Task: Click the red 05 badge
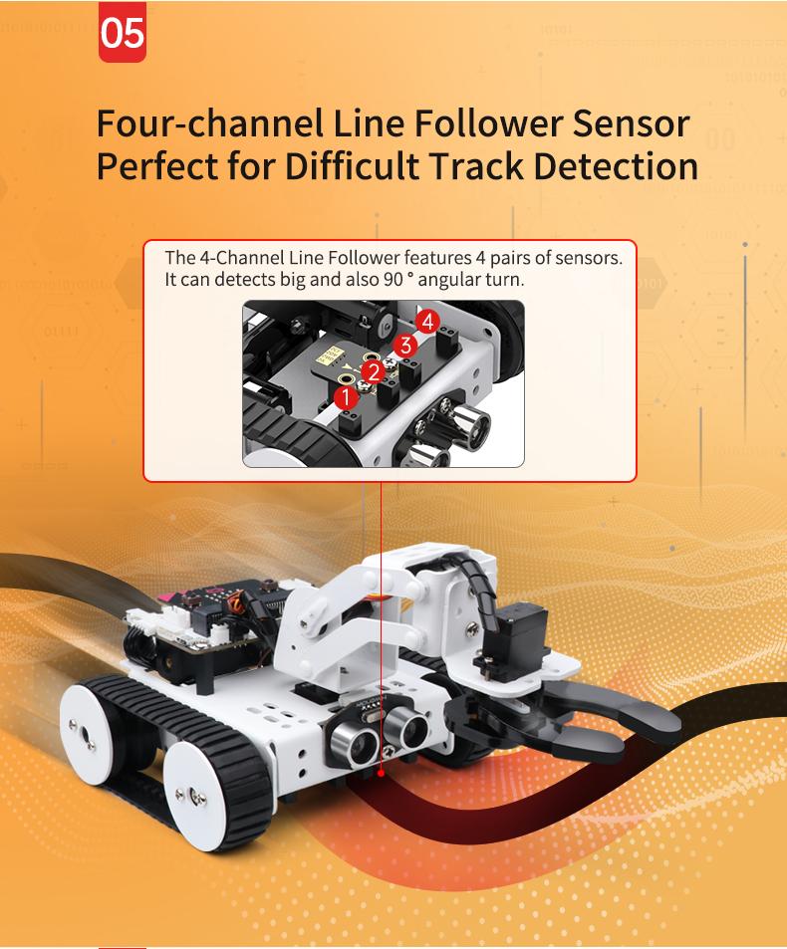(123, 33)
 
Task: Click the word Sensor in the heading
(631, 122)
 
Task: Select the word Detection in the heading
(617, 166)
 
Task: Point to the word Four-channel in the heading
(209, 122)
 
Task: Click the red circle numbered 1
(346, 397)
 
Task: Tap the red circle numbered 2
(374, 371)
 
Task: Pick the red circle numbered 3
(405, 346)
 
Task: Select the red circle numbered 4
(427, 322)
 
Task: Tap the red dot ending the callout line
(381, 773)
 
